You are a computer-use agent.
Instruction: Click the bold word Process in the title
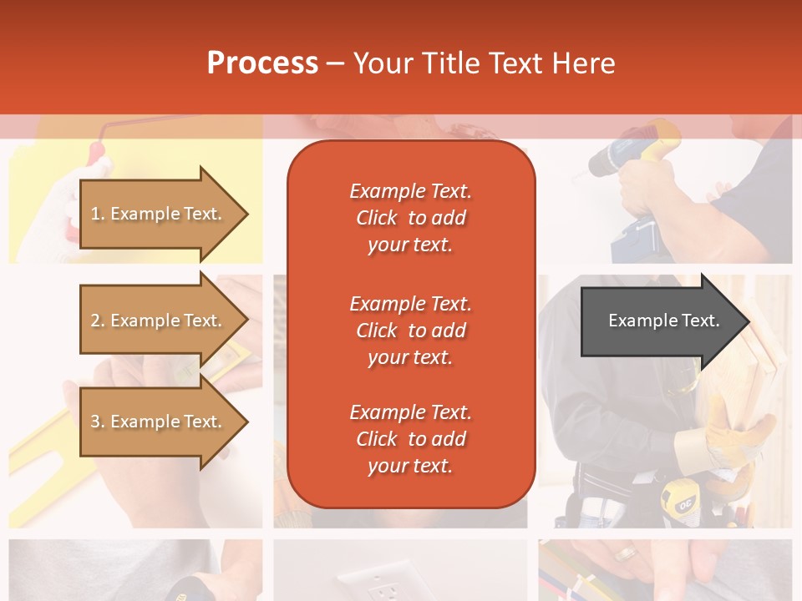tap(262, 63)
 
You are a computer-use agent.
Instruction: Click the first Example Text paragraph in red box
tap(410, 218)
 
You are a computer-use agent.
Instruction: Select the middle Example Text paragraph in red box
tap(410, 331)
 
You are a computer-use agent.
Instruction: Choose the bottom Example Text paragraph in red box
tap(410, 439)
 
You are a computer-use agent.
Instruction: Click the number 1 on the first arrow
tap(94, 214)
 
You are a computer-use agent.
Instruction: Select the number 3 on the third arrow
tap(94, 422)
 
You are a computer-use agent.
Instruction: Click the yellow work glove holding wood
tap(735, 434)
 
